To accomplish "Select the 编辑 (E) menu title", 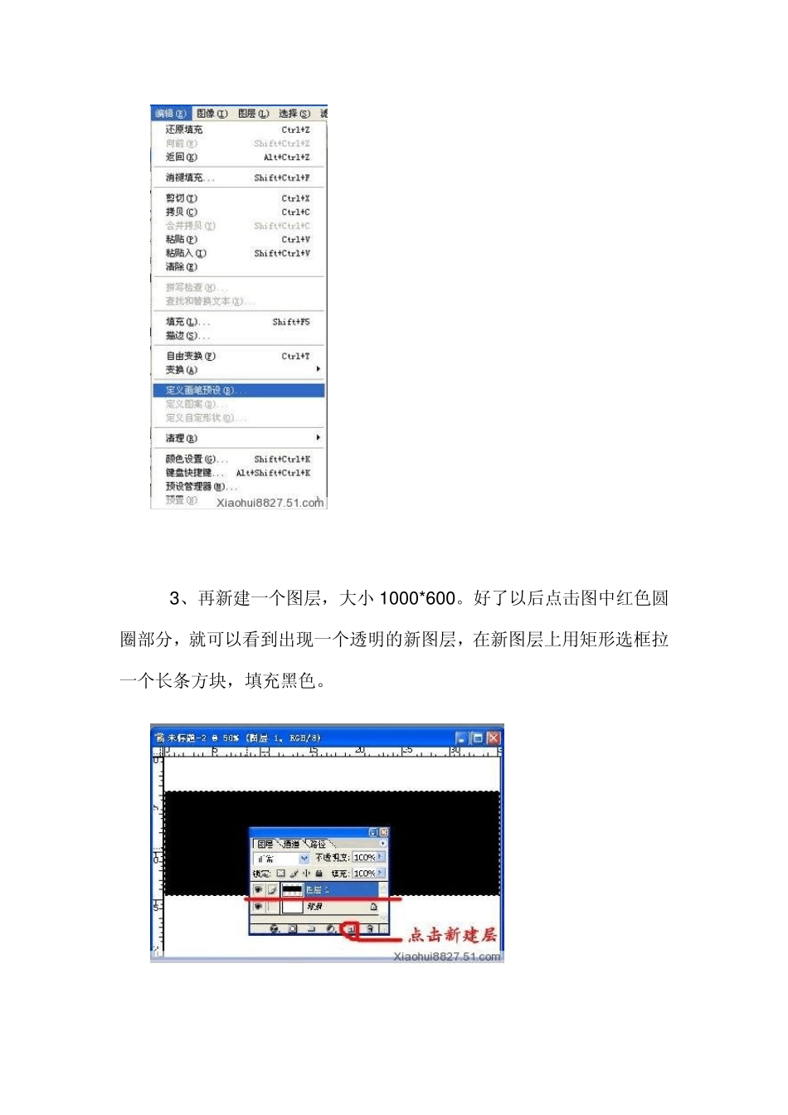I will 170,114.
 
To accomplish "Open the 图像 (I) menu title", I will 212,114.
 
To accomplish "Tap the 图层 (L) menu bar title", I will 253,114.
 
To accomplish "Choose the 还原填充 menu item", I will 184,129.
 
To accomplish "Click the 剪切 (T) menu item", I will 182,198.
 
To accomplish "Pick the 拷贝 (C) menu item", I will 182,212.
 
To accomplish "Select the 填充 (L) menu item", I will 187,322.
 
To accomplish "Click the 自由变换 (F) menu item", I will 191,356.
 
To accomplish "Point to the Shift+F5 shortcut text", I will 291,322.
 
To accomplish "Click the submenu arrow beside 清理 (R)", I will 318,437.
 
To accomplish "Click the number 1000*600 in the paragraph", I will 418,598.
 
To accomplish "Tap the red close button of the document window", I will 494,738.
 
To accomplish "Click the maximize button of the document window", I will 477,738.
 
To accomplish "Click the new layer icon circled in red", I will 351,929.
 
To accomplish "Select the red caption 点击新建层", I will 452,935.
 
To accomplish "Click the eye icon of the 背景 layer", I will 258,907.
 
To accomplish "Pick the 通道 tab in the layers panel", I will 291,844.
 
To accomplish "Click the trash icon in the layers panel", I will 371,929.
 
